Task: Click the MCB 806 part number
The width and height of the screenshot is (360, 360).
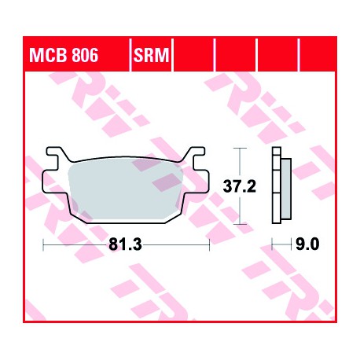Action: (64, 55)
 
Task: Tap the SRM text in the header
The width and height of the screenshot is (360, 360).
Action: (152, 55)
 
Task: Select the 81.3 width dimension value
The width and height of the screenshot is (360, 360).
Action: (125, 244)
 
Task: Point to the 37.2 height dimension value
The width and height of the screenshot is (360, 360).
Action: (239, 186)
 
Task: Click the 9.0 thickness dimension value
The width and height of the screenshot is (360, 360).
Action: (307, 244)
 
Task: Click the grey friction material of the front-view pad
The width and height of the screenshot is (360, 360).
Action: (125, 189)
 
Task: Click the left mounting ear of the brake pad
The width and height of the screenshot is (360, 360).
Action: (54, 182)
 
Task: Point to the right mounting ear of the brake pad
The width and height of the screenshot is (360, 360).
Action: (197, 182)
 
